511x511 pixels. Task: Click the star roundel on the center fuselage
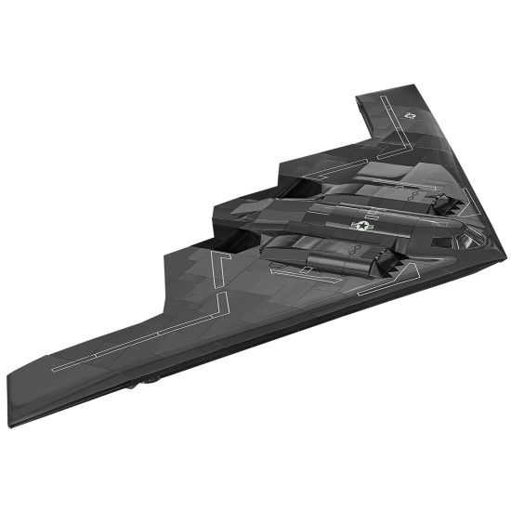(x=361, y=225)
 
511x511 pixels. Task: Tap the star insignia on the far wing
(x=411, y=114)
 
